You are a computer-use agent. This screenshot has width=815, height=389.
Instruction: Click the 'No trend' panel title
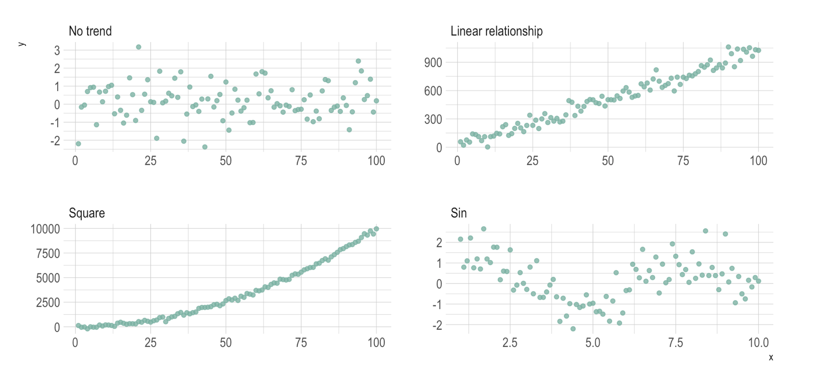[x=90, y=31]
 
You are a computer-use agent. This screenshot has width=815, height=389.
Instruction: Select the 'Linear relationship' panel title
[x=496, y=31]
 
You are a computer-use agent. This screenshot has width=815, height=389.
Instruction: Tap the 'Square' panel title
[x=86, y=213]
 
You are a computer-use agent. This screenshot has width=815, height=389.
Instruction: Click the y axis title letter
[x=21, y=44]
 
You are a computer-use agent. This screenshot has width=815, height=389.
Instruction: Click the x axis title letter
[x=771, y=357]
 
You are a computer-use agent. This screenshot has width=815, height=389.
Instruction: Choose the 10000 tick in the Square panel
[x=47, y=229]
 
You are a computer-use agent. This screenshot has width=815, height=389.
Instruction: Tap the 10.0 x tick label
[x=758, y=343]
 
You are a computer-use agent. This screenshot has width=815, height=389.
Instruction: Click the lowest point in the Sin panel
[x=573, y=329]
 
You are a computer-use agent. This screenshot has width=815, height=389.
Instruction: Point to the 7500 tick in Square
[x=50, y=253]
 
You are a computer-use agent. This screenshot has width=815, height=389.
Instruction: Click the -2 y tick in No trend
[x=56, y=141]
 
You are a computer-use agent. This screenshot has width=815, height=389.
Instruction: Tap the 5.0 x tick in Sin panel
[x=593, y=343]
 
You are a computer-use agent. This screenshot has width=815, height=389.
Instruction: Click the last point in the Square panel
[x=376, y=229]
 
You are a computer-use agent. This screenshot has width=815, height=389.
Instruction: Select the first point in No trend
[x=78, y=144]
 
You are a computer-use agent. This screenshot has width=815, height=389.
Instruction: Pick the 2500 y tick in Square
[x=50, y=302]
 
